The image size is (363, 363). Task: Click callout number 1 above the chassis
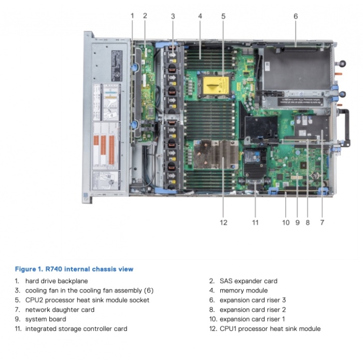point(132,16)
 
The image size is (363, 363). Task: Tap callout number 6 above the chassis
point(296,16)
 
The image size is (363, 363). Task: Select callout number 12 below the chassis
point(224,222)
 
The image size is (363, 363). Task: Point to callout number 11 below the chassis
point(255,222)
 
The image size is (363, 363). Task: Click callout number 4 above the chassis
point(200,16)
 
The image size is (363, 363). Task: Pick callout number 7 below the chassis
point(322,222)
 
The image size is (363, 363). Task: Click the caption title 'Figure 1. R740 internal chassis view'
point(74,269)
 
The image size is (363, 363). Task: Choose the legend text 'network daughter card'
point(60,310)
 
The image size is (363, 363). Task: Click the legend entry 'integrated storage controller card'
point(76,328)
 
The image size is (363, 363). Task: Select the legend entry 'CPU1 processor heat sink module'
point(270,328)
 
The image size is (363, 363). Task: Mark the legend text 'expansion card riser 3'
point(253,300)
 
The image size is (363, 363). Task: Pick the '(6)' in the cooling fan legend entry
point(148,290)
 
